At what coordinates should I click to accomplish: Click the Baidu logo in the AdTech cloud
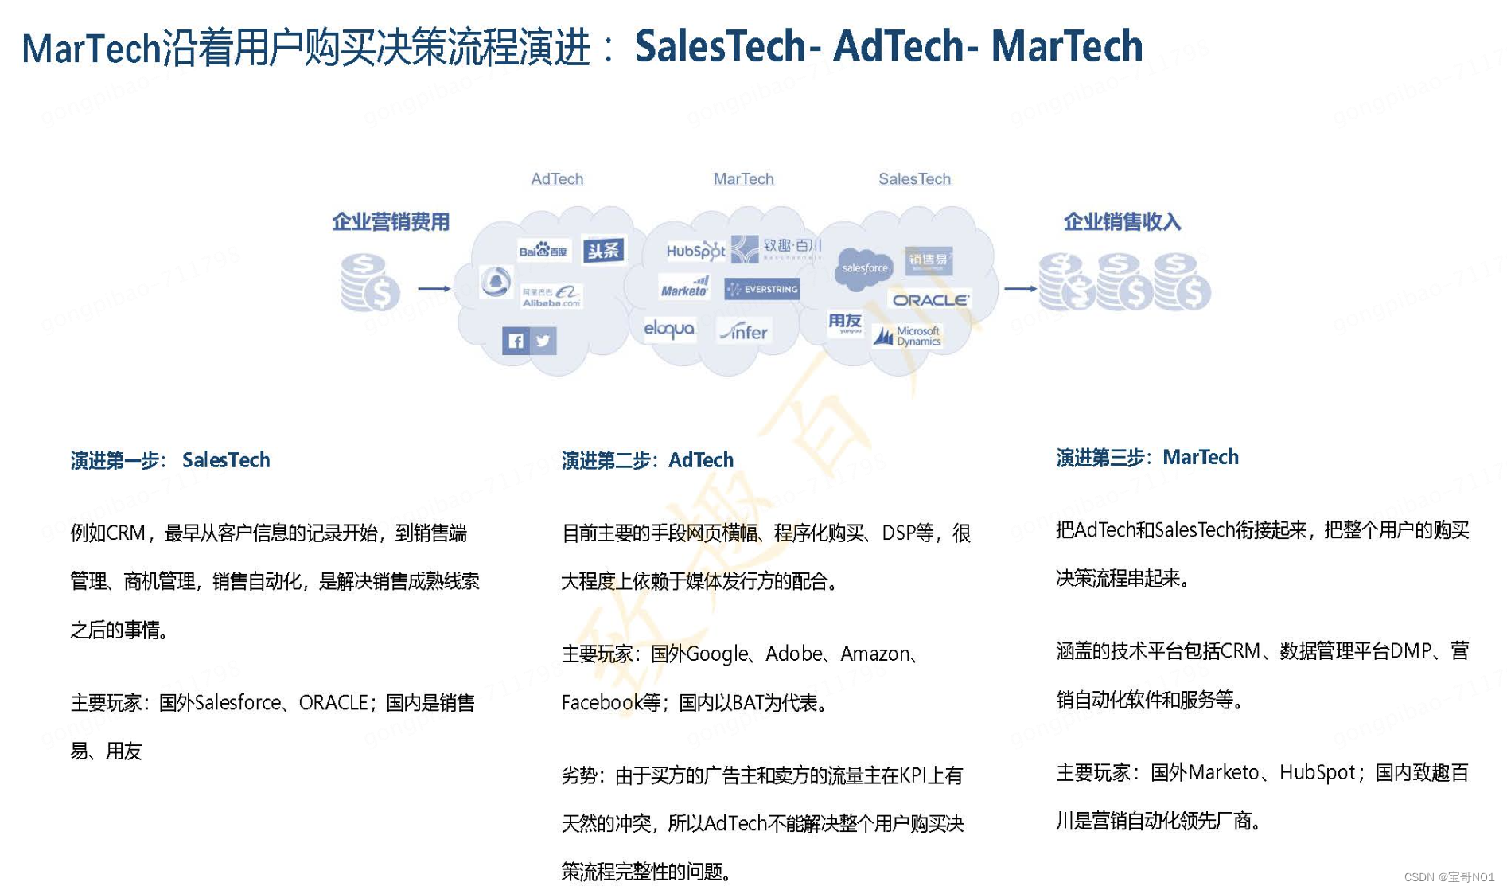[543, 251]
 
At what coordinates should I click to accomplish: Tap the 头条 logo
[603, 251]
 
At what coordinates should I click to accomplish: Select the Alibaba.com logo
[551, 296]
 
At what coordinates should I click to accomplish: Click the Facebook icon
[516, 341]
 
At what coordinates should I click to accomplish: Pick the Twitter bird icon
[543, 341]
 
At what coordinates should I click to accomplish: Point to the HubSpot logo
[695, 251]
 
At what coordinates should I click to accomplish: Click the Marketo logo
[684, 287]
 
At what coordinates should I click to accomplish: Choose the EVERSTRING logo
[762, 289]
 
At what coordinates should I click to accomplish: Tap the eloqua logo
[669, 329]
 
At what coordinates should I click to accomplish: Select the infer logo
[744, 331]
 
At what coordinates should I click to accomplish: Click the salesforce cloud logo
[864, 267]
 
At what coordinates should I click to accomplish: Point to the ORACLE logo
[930, 300]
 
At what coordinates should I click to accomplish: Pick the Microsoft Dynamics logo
[908, 337]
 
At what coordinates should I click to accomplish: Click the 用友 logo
[845, 322]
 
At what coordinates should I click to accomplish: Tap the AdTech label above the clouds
[557, 179]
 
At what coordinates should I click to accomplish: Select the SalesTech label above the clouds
[914, 179]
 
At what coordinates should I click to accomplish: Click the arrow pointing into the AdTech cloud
[434, 288]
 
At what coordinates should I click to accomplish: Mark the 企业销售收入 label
[1122, 221]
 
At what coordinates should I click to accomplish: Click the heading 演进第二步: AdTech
[647, 460]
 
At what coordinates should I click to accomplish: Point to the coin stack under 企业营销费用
[369, 282]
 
